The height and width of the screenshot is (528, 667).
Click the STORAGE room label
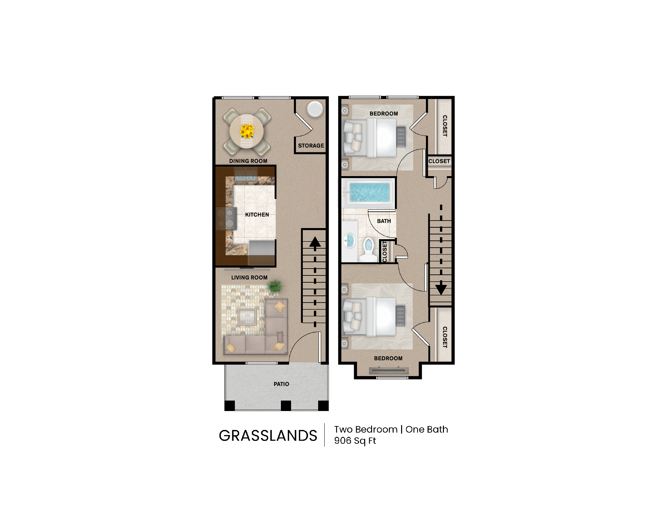[x=311, y=146]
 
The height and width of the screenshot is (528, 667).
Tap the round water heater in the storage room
[x=315, y=109]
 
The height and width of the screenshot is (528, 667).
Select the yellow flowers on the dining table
[x=247, y=131]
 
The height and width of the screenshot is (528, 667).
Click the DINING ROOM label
[x=248, y=161]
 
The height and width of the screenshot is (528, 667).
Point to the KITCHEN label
[x=257, y=215]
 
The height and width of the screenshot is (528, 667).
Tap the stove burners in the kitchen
[x=226, y=218]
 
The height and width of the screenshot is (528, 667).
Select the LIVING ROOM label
[x=249, y=278]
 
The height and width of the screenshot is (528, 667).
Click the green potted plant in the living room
[x=275, y=287]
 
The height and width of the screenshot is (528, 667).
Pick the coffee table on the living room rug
[x=247, y=316]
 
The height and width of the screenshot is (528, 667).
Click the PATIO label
[x=281, y=384]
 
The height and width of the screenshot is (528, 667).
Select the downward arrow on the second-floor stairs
[x=441, y=289]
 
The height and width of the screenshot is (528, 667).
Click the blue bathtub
[x=369, y=192]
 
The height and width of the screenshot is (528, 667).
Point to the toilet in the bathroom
[x=369, y=248]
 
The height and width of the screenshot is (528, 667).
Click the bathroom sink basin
[x=350, y=241]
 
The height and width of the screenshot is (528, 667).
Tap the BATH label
[x=384, y=221]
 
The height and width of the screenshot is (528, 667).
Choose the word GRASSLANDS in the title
[x=268, y=436]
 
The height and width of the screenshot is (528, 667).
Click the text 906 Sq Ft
[x=355, y=441]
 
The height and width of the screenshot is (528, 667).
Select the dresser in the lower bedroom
[x=389, y=371]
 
